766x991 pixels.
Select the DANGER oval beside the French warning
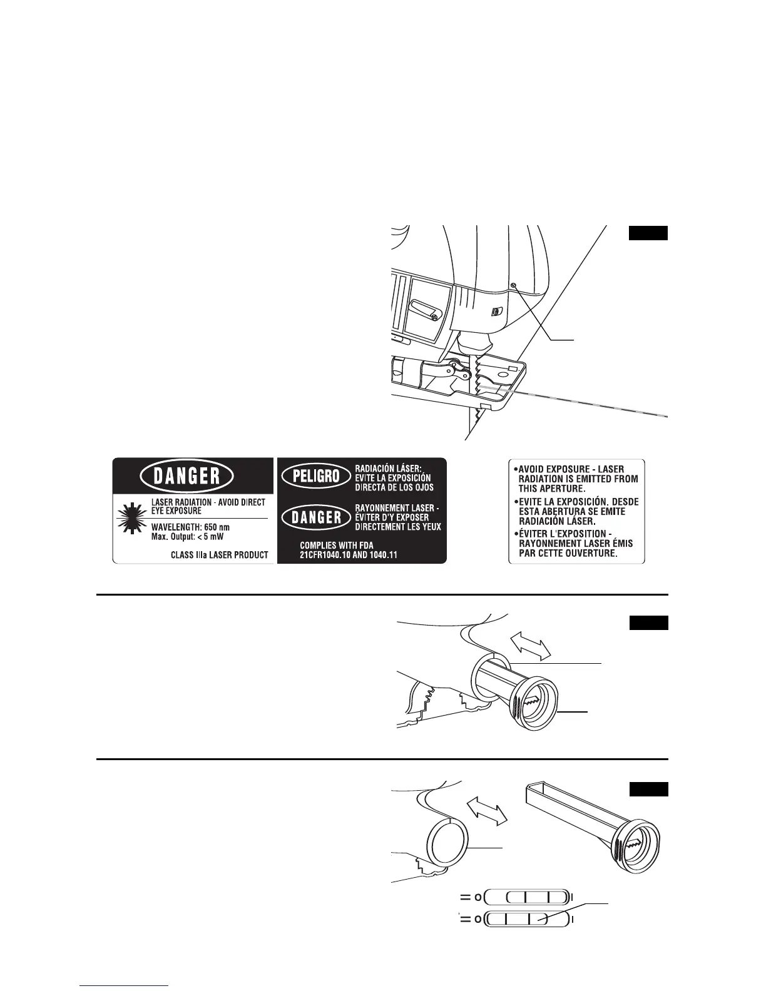[312, 517]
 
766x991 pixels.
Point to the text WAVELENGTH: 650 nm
[190, 527]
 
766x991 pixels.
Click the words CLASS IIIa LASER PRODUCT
[220, 554]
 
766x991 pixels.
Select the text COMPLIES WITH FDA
[337, 546]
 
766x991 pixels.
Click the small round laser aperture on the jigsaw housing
[513, 285]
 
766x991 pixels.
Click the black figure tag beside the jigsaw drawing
[648, 233]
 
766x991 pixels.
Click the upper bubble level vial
[528, 897]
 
